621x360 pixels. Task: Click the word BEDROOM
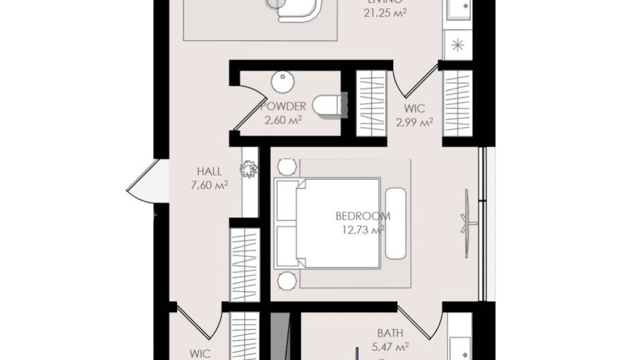(363, 217)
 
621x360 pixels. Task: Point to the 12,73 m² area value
(363, 230)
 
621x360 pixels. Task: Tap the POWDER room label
(283, 107)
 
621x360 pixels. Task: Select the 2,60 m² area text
(283, 120)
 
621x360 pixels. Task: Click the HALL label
(209, 172)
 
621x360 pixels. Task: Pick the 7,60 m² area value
(209, 186)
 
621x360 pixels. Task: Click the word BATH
(390, 332)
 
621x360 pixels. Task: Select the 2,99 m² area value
(414, 122)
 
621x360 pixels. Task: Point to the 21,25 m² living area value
(385, 13)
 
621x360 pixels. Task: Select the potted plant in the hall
(248, 169)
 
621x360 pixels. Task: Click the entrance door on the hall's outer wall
(141, 182)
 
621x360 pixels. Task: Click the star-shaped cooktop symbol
(457, 46)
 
